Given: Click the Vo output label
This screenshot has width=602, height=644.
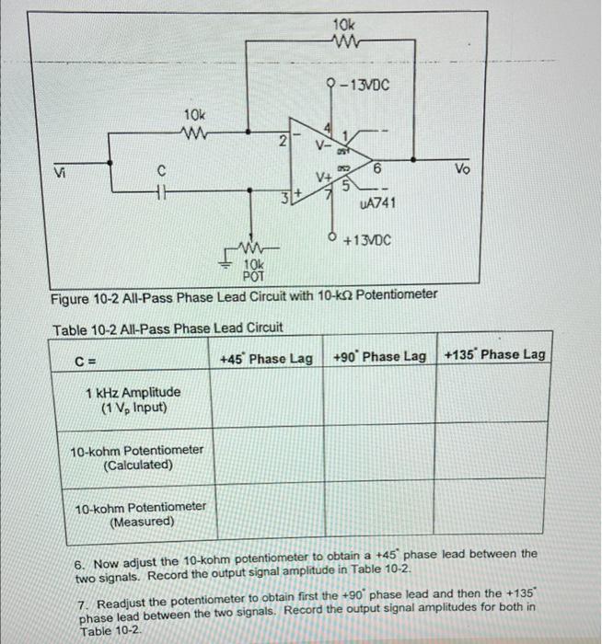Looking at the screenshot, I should (460, 171).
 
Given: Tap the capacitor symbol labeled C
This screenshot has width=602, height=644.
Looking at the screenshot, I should (161, 192).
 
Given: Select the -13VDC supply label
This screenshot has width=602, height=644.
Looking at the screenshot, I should (364, 86).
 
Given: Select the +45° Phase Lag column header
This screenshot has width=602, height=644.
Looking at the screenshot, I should (266, 356).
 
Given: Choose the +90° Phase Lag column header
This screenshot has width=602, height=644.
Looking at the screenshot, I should (379, 356).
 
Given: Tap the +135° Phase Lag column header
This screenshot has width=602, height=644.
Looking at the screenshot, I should (494, 355).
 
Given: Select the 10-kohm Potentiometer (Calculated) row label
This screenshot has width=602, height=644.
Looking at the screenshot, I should (137, 457).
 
